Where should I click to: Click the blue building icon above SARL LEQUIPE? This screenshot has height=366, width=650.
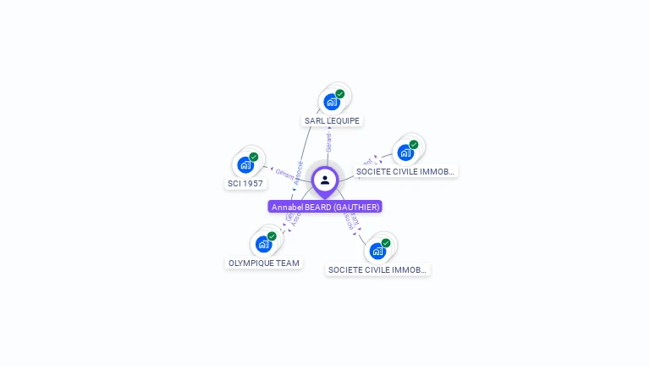[x=332, y=102]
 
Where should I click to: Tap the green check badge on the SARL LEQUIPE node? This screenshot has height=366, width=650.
[x=340, y=94]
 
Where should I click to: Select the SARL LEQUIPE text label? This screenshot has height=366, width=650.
[x=333, y=121]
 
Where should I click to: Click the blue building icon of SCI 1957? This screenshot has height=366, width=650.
[x=245, y=164]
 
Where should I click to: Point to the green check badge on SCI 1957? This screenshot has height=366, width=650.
[x=254, y=157]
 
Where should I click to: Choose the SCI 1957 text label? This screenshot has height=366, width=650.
[x=245, y=184]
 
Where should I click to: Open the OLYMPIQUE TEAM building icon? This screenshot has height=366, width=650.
[x=264, y=244]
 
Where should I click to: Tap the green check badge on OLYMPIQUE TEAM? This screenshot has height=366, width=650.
[x=273, y=236]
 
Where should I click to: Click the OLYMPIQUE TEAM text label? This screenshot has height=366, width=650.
[x=264, y=263]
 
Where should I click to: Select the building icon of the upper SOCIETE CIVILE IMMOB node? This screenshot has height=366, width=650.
[x=405, y=152]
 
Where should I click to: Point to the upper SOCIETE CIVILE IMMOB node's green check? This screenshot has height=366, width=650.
[x=414, y=145]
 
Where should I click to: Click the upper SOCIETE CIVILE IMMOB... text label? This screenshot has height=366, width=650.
[x=405, y=172]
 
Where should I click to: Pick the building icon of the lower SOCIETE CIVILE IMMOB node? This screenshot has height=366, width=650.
[x=377, y=251]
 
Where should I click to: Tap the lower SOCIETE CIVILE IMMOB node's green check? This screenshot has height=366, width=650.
[x=386, y=243]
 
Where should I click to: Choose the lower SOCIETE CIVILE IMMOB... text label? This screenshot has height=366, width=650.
[x=377, y=270]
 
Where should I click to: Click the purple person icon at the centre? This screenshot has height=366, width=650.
[x=325, y=180]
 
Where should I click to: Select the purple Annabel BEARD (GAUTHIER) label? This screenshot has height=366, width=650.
[x=325, y=207]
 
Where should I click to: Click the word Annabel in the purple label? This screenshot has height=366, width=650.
[x=286, y=207]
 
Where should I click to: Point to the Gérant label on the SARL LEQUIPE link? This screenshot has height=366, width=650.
[x=328, y=142]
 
